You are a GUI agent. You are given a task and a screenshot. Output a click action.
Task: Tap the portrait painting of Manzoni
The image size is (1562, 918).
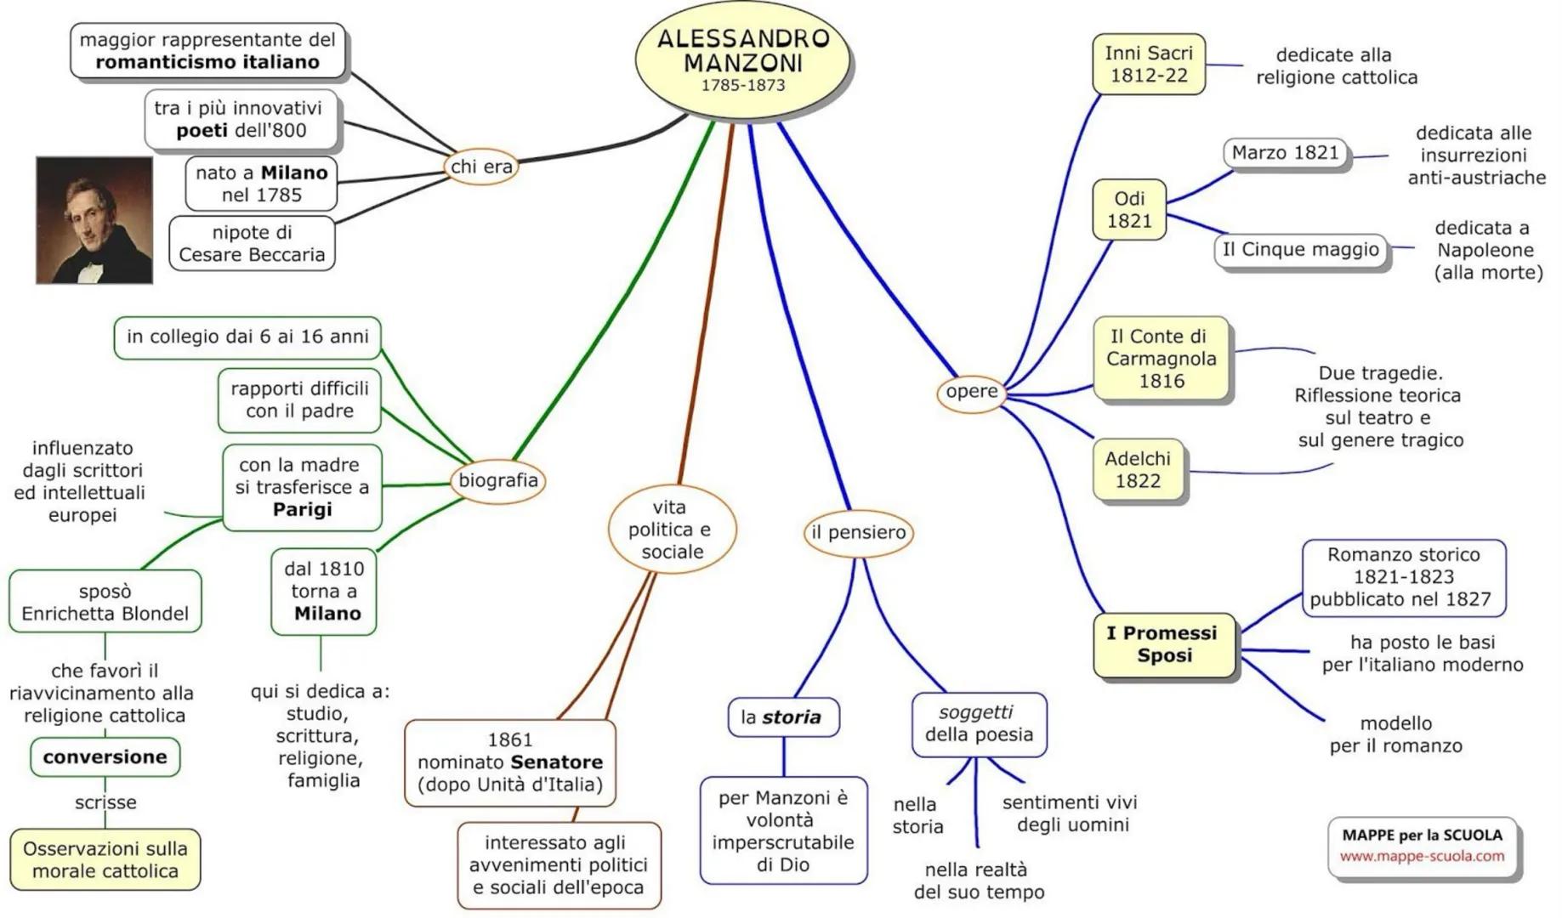[94, 220]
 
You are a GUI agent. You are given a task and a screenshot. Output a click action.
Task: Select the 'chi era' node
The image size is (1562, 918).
[481, 167]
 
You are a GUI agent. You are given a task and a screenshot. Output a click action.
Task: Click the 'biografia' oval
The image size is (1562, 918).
[498, 480]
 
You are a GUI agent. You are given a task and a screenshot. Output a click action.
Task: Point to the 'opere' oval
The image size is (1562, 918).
[972, 392]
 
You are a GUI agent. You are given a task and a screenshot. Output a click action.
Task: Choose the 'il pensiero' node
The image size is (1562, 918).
[858, 533]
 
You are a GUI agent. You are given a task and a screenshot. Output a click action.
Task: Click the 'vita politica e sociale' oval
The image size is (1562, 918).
[672, 530]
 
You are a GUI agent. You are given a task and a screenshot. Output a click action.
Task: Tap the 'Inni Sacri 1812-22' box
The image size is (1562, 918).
[1148, 65]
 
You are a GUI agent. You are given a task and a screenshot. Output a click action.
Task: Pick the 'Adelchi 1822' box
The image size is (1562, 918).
[1138, 470]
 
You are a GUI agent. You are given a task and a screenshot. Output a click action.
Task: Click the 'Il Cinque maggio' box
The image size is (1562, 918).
[1300, 250]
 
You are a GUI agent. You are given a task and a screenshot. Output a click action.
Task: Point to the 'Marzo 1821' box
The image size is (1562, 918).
[1285, 153]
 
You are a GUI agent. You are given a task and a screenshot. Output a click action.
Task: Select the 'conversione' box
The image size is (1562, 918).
[105, 757]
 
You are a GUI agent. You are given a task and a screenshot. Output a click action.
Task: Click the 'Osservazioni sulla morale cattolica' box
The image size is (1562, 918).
[105, 859]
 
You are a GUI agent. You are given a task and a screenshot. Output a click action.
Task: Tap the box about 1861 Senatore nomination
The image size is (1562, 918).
[509, 762]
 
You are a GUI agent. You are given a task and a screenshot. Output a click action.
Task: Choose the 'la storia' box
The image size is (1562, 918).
[782, 717]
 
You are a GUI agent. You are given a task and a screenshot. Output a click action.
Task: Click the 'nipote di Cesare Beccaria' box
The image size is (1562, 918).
[252, 244]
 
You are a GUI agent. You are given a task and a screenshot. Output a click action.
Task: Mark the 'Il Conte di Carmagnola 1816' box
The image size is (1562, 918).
[1161, 359]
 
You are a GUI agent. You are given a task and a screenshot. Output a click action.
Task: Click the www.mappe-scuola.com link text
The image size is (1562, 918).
[1422, 857]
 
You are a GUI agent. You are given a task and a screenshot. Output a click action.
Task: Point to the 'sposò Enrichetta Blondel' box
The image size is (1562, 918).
[105, 603]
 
